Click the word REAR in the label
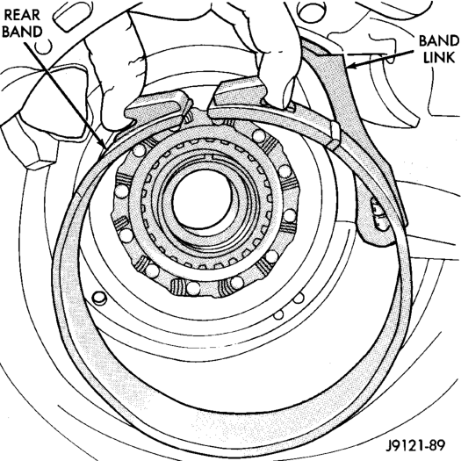[22, 15]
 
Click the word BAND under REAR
[22, 32]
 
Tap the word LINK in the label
[439, 57]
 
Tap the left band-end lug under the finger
[156, 108]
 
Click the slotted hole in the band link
[378, 214]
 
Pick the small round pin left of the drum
[99, 299]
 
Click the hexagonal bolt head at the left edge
[29, 144]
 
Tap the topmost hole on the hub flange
[258, 135]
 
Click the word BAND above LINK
[439, 41]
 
